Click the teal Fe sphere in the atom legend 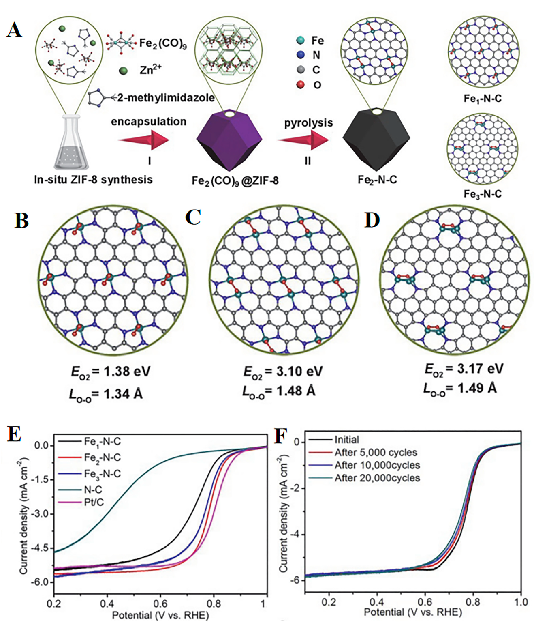(300, 40)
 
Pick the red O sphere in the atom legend (300, 84)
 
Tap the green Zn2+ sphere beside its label (123, 71)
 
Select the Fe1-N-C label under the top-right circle (483, 99)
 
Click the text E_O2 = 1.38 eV (111, 371)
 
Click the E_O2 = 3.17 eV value (464, 369)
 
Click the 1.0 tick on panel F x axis (521, 602)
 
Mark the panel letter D (372, 220)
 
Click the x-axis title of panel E (160, 615)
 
